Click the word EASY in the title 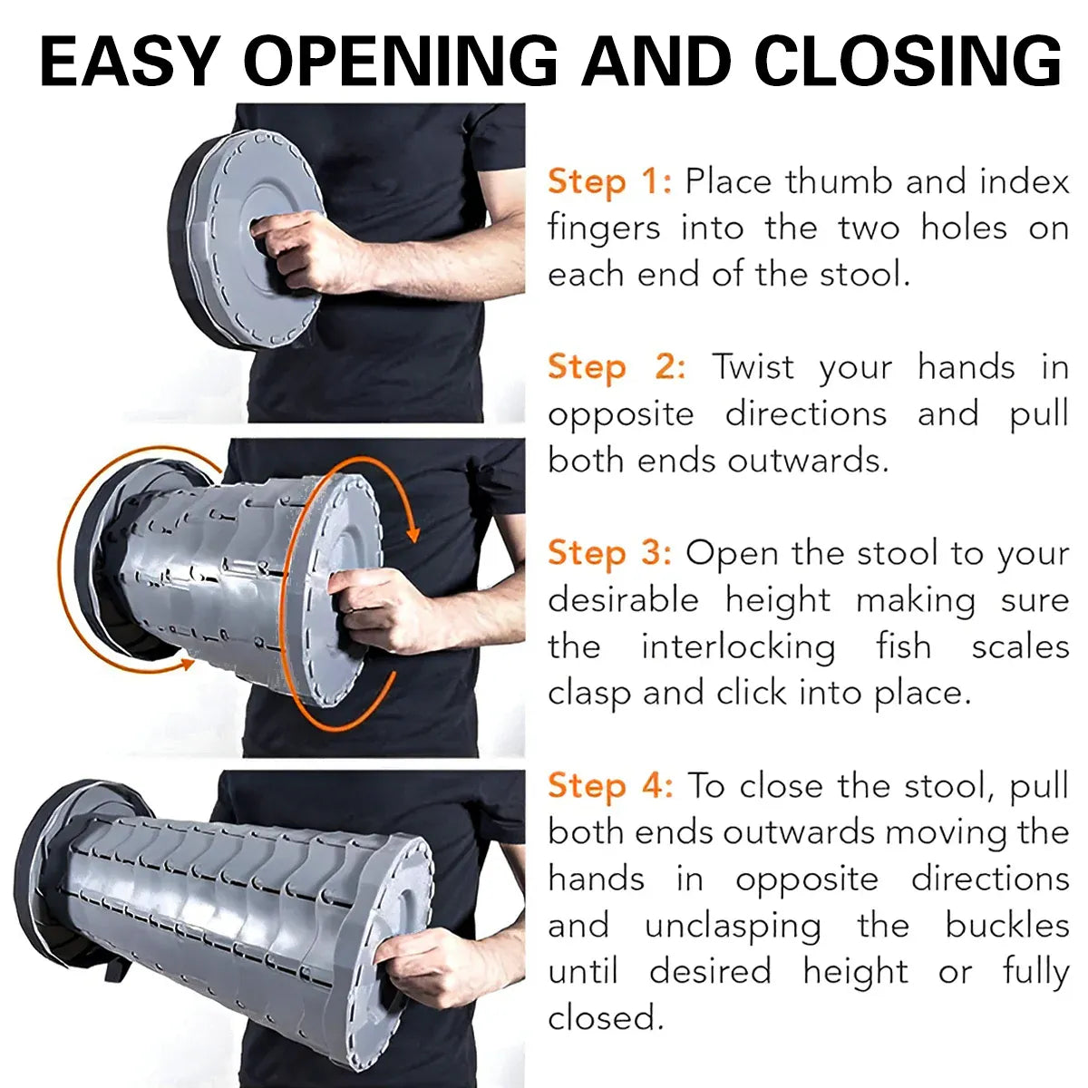pyautogui.click(x=131, y=61)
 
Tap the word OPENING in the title pyautogui.click(x=402, y=61)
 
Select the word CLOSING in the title pyautogui.click(x=908, y=61)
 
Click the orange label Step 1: pyautogui.click(x=610, y=183)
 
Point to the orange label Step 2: pyautogui.click(x=617, y=368)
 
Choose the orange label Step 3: pyautogui.click(x=610, y=554)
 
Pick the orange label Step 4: pyautogui.click(x=610, y=786)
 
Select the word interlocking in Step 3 pyautogui.click(x=739, y=646)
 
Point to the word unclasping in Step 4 pyautogui.click(x=733, y=926)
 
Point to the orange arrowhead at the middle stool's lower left pyautogui.click(x=185, y=664)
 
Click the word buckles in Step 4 pyautogui.click(x=1006, y=925)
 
